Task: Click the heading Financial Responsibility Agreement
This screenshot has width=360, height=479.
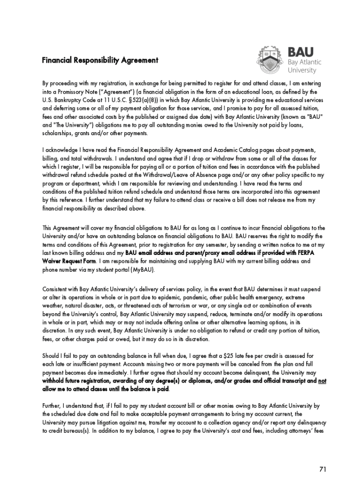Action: tap(100, 60)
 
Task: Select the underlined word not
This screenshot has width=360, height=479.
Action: tap(322, 381)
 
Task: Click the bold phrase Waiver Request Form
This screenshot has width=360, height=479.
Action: tap(69, 261)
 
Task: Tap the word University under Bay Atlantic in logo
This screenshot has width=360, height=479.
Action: tap(302, 71)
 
